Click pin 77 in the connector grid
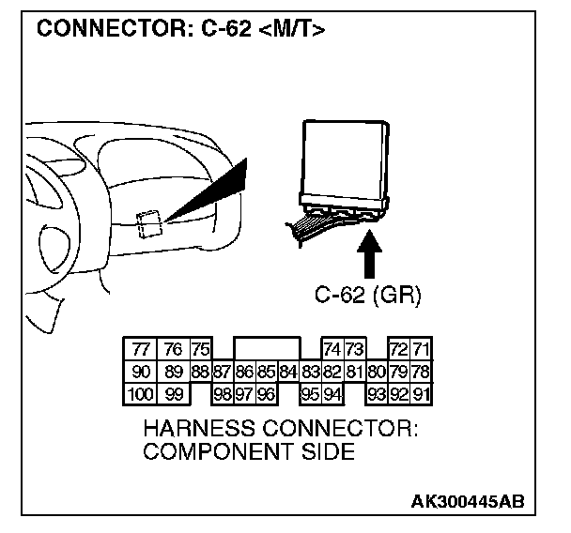(141, 349)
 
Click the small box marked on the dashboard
(147, 222)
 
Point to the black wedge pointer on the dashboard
(211, 192)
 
